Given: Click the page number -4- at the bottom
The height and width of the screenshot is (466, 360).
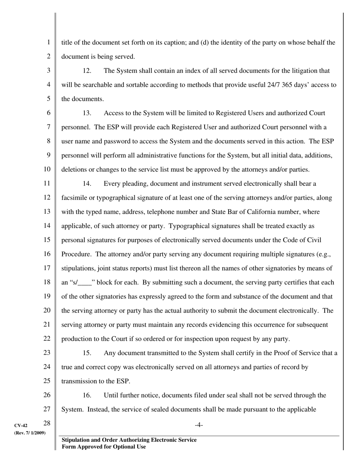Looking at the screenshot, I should [199, 425].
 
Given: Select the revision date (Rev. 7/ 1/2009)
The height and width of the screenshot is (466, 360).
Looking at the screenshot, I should [30, 433].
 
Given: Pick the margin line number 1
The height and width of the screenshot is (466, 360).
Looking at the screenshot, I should [49, 42].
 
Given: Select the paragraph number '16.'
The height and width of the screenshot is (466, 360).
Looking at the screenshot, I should [87, 395].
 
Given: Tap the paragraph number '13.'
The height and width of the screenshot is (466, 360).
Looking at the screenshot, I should [87, 113].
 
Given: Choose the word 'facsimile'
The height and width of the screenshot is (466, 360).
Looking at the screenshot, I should [74, 198].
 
